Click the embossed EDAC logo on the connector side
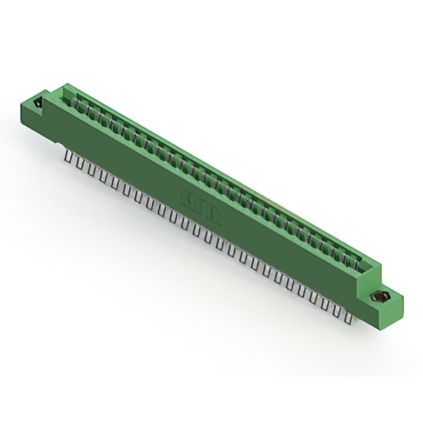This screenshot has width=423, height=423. [199, 202]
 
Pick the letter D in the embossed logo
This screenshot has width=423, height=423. [194, 200]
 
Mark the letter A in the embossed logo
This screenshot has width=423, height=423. [204, 206]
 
